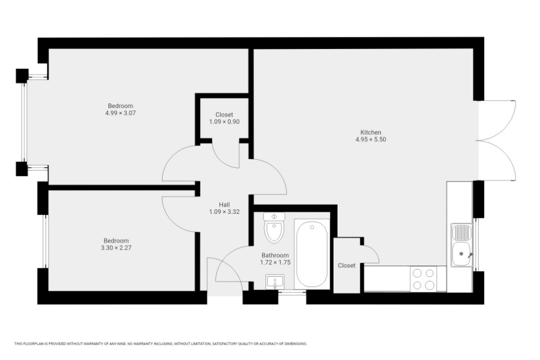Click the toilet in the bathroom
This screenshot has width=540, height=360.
274,227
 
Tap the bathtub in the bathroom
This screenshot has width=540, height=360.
311,254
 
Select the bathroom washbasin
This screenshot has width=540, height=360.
275,282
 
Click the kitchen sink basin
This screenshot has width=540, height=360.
462,254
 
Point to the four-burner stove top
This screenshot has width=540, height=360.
423,279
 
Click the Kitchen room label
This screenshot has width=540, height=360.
371,133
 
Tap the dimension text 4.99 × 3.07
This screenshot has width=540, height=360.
121,113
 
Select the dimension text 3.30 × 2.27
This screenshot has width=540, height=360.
116,247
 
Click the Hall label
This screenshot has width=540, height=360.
224,205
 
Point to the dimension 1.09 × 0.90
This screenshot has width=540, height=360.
224,122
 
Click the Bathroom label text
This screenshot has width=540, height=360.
275,255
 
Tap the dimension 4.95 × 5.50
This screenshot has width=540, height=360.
371,139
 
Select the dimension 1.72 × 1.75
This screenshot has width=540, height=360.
275,263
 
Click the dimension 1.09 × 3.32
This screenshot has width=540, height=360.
224,212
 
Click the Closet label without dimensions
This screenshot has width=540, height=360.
347,266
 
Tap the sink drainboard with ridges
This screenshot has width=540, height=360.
462,233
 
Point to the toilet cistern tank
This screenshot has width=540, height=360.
274,217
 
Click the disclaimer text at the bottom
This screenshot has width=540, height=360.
160,344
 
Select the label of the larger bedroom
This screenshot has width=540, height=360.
121,106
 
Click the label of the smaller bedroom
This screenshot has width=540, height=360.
116,241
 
